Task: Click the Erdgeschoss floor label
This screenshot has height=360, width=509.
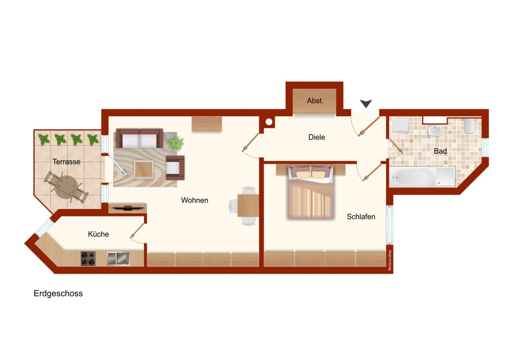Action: [58, 294]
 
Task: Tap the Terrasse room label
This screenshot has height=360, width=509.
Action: [66, 162]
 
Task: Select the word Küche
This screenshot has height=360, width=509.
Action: [98, 234]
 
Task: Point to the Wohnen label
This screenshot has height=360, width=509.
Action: [194, 200]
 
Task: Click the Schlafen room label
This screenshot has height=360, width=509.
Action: [361, 217]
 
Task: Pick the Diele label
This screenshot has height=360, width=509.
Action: [317, 137]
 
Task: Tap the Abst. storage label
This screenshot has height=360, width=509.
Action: [315, 101]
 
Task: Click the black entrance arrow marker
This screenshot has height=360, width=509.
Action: [366, 103]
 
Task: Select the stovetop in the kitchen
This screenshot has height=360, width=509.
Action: [88, 259]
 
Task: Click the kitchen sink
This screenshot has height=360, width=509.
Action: [118, 259]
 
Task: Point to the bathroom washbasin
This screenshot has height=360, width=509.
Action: [435, 130]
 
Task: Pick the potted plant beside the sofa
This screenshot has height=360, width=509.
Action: [175, 142]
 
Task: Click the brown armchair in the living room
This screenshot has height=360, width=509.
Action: [175, 167]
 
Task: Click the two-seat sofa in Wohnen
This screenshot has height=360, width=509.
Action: [139, 139]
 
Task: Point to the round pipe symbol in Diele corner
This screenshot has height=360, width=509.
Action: [269, 122]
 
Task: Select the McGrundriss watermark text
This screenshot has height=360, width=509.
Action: [390, 260]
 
